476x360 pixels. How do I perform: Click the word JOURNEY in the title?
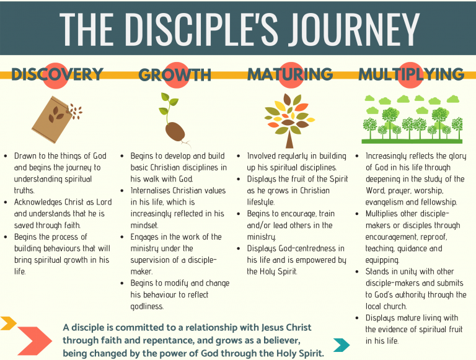point(354,29)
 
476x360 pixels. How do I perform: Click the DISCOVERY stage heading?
point(58,74)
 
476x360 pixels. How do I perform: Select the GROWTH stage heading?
point(175,75)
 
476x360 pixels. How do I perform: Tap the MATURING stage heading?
point(290,74)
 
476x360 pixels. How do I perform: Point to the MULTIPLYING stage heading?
point(412,74)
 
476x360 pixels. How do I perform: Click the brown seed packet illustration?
point(51,120)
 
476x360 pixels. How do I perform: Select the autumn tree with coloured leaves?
point(289,120)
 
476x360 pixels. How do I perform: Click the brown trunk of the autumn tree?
point(289,139)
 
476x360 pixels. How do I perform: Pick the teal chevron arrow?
point(342,345)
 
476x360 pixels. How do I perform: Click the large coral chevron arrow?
point(34,341)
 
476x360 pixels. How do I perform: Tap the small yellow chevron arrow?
point(8,323)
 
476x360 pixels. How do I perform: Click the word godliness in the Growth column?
point(147,307)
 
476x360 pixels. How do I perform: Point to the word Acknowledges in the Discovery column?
point(38,203)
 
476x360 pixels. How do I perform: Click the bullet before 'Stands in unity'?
point(357,271)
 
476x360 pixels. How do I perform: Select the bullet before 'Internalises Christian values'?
point(122,191)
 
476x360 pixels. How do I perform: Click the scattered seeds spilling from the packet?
point(76,111)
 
